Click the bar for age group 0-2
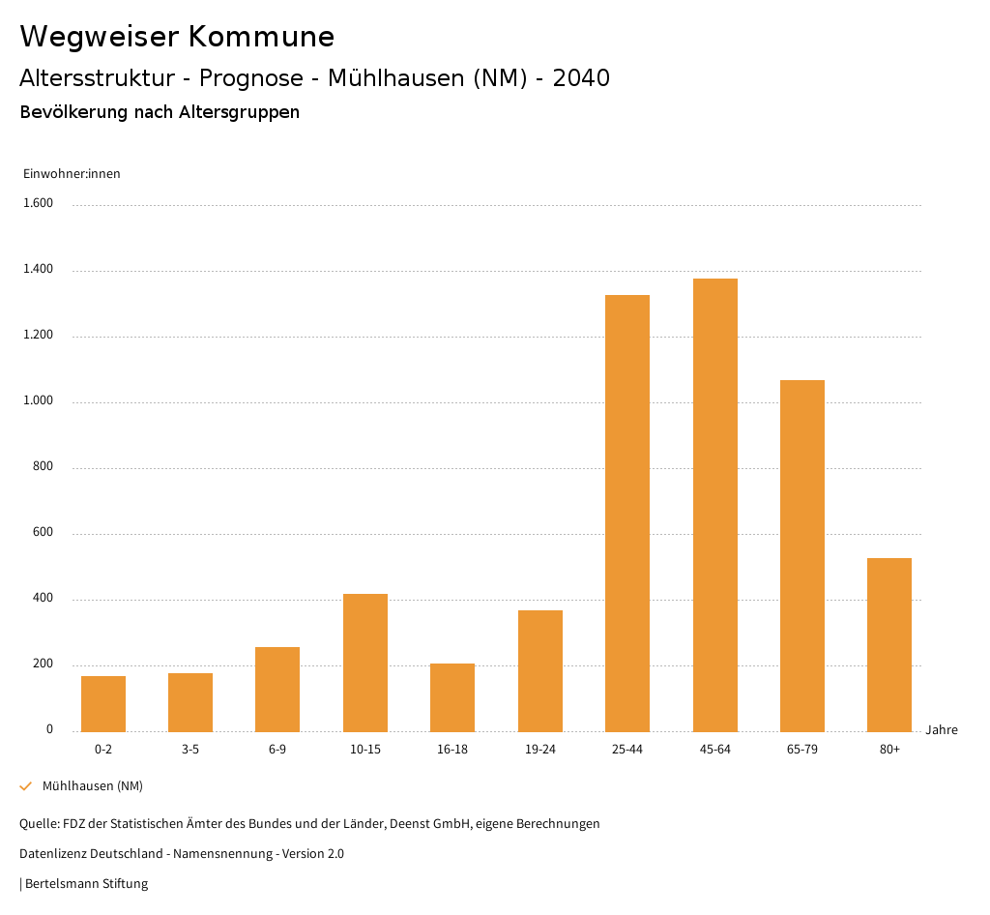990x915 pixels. pos(103,703)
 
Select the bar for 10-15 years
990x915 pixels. pos(365,663)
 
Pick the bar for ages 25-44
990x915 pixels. pos(627,513)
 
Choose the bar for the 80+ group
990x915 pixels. pos(889,644)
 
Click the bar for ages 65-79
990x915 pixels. pos(802,555)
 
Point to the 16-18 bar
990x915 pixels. pos(452,697)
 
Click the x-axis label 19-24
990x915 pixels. pos(540,750)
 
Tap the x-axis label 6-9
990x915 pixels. pos(277,750)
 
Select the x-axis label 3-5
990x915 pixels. pos(190,750)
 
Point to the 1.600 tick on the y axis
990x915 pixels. pos(39,204)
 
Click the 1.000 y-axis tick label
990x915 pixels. pos(39,401)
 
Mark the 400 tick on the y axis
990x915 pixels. pos(43,599)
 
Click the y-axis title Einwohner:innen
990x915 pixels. pos(72,174)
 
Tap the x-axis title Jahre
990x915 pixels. pos(942,730)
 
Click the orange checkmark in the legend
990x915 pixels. pos(26,786)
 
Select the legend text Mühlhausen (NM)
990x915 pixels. pos(93,786)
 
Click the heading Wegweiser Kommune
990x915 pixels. pos(177,37)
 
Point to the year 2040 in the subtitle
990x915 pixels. pos(581,78)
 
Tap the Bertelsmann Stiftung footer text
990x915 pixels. pos(86,884)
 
